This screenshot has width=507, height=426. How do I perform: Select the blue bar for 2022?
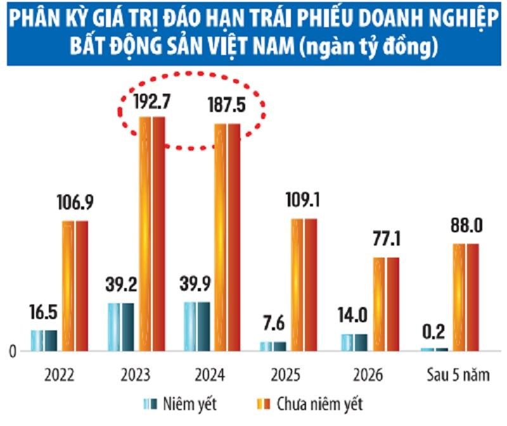click(x=44, y=340)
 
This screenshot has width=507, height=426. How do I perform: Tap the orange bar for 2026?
click(x=386, y=304)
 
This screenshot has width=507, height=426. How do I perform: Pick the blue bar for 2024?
click(x=196, y=325)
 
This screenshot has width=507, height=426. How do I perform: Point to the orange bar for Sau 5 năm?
click(x=466, y=297)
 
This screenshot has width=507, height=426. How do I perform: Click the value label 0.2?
click(x=433, y=332)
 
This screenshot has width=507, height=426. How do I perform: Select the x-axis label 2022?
click(x=60, y=375)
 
